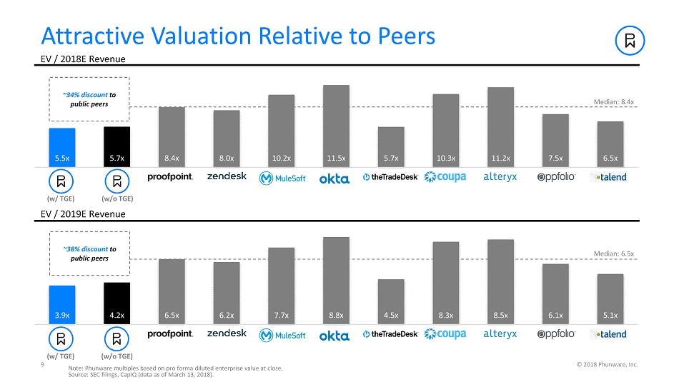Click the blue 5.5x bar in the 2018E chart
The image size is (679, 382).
(x=61, y=146)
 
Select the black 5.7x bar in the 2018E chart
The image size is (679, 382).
(x=117, y=146)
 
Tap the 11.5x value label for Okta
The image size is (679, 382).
(x=336, y=158)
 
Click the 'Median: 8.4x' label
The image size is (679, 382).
(x=614, y=102)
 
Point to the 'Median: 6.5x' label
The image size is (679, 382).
(x=614, y=253)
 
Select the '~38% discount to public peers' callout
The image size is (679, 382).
(x=89, y=253)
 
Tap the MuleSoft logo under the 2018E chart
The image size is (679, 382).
(x=282, y=178)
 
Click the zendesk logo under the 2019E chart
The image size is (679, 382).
(x=227, y=333)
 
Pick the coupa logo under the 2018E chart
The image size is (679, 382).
(x=445, y=177)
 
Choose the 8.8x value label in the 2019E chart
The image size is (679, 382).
(x=336, y=315)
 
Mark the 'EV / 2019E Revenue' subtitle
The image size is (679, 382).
(x=83, y=214)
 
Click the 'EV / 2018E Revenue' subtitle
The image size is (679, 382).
(x=83, y=58)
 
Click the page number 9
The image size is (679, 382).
(x=44, y=364)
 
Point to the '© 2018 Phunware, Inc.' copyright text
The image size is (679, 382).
(x=607, y=364)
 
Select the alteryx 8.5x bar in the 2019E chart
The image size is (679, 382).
(x=500, y=282)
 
